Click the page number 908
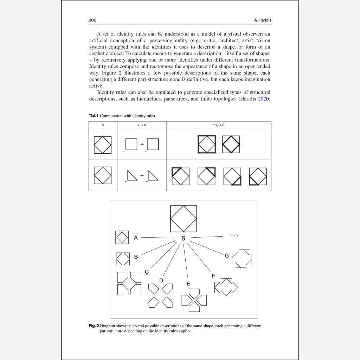click(92, 20)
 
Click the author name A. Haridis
click(263, 20)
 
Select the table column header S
click(102, 125)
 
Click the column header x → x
click(142, 125)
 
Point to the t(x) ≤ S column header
click(219, 125)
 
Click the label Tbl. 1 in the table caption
click(93, 116)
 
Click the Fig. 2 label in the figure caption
click(94, 326)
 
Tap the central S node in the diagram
click(183, 238)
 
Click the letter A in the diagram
click(136, 238)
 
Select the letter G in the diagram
click(227, 256)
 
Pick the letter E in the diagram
click(188, 283)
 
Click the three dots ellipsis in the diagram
click(234, 236)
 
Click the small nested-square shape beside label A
click(122, 237)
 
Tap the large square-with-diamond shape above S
click(184, 219)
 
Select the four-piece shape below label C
click(129, 283)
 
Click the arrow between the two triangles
click(142, 175)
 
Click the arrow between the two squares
click(142, 144)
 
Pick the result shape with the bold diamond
click(231, 144)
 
